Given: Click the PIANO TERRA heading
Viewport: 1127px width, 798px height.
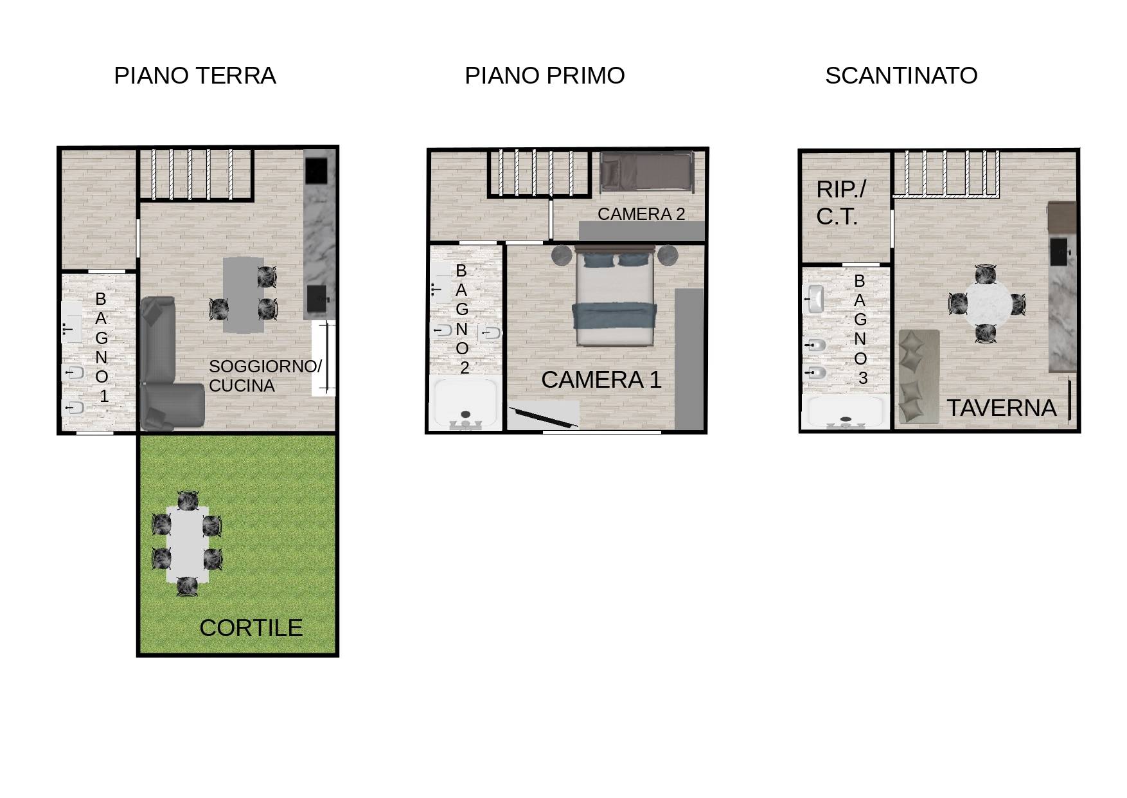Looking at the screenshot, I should click(x=195, y=76).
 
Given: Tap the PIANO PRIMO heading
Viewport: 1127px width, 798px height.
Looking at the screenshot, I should click(x=544, y=76).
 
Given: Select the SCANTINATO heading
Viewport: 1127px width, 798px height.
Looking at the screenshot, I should click(x=901, y=76).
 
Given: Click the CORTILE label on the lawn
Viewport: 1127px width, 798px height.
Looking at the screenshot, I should click(x=251, y=628).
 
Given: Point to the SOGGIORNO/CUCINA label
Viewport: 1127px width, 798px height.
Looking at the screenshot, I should click(x=264, y=376).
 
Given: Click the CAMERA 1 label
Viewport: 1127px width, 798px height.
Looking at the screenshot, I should click(x=601, y=380).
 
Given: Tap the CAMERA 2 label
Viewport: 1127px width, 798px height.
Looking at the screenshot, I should click(x=641, y=214).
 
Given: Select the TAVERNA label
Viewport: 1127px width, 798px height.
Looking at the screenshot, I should click(x=1001, y=408).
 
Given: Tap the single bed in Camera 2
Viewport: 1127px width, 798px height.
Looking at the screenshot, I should click(x=647, y=172).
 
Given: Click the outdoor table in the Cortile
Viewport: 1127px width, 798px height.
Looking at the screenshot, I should click(x=187, y=544).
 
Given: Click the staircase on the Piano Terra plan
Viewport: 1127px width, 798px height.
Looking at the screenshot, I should click(x=196, y=174).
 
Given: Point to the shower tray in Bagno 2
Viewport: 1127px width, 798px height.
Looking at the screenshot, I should click(x=465, y=404).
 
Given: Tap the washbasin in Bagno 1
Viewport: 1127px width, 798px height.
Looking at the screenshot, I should click(x=71, y=329).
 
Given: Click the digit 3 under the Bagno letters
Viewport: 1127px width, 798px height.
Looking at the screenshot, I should click(x=862, y=379).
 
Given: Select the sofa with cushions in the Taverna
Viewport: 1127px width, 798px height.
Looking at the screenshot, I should click(x=918, y=376).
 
